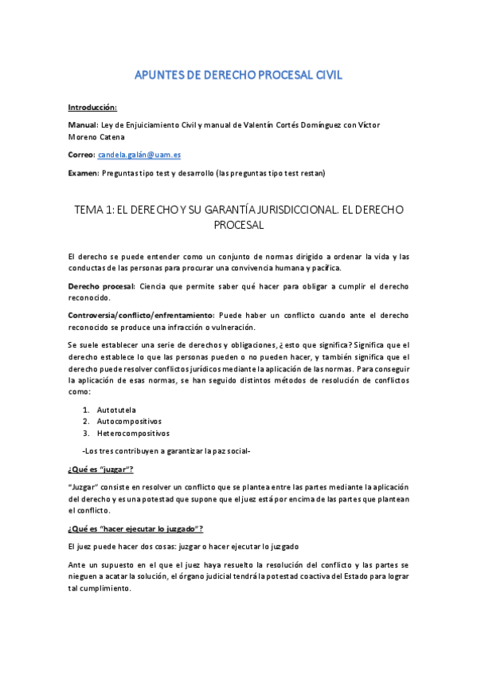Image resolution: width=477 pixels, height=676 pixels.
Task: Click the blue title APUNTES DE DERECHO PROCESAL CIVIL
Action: click(239, 76)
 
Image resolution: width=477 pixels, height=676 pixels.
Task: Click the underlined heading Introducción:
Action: click(92, 107)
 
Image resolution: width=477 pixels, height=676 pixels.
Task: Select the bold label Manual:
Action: click(83, 124)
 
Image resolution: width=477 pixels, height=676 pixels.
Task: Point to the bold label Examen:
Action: click(83, 173)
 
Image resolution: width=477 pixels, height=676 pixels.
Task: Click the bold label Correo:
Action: click(81, 155)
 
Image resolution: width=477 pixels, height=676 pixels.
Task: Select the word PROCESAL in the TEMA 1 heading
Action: click(239, 226)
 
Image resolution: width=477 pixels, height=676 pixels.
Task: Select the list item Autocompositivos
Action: click(129, 421)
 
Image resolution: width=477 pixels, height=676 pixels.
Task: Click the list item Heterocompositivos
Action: click(133, 434)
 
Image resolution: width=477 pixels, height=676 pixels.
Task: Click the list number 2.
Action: click(85, 421)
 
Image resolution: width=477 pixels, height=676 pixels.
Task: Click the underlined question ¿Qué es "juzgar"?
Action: click(100, 470)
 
